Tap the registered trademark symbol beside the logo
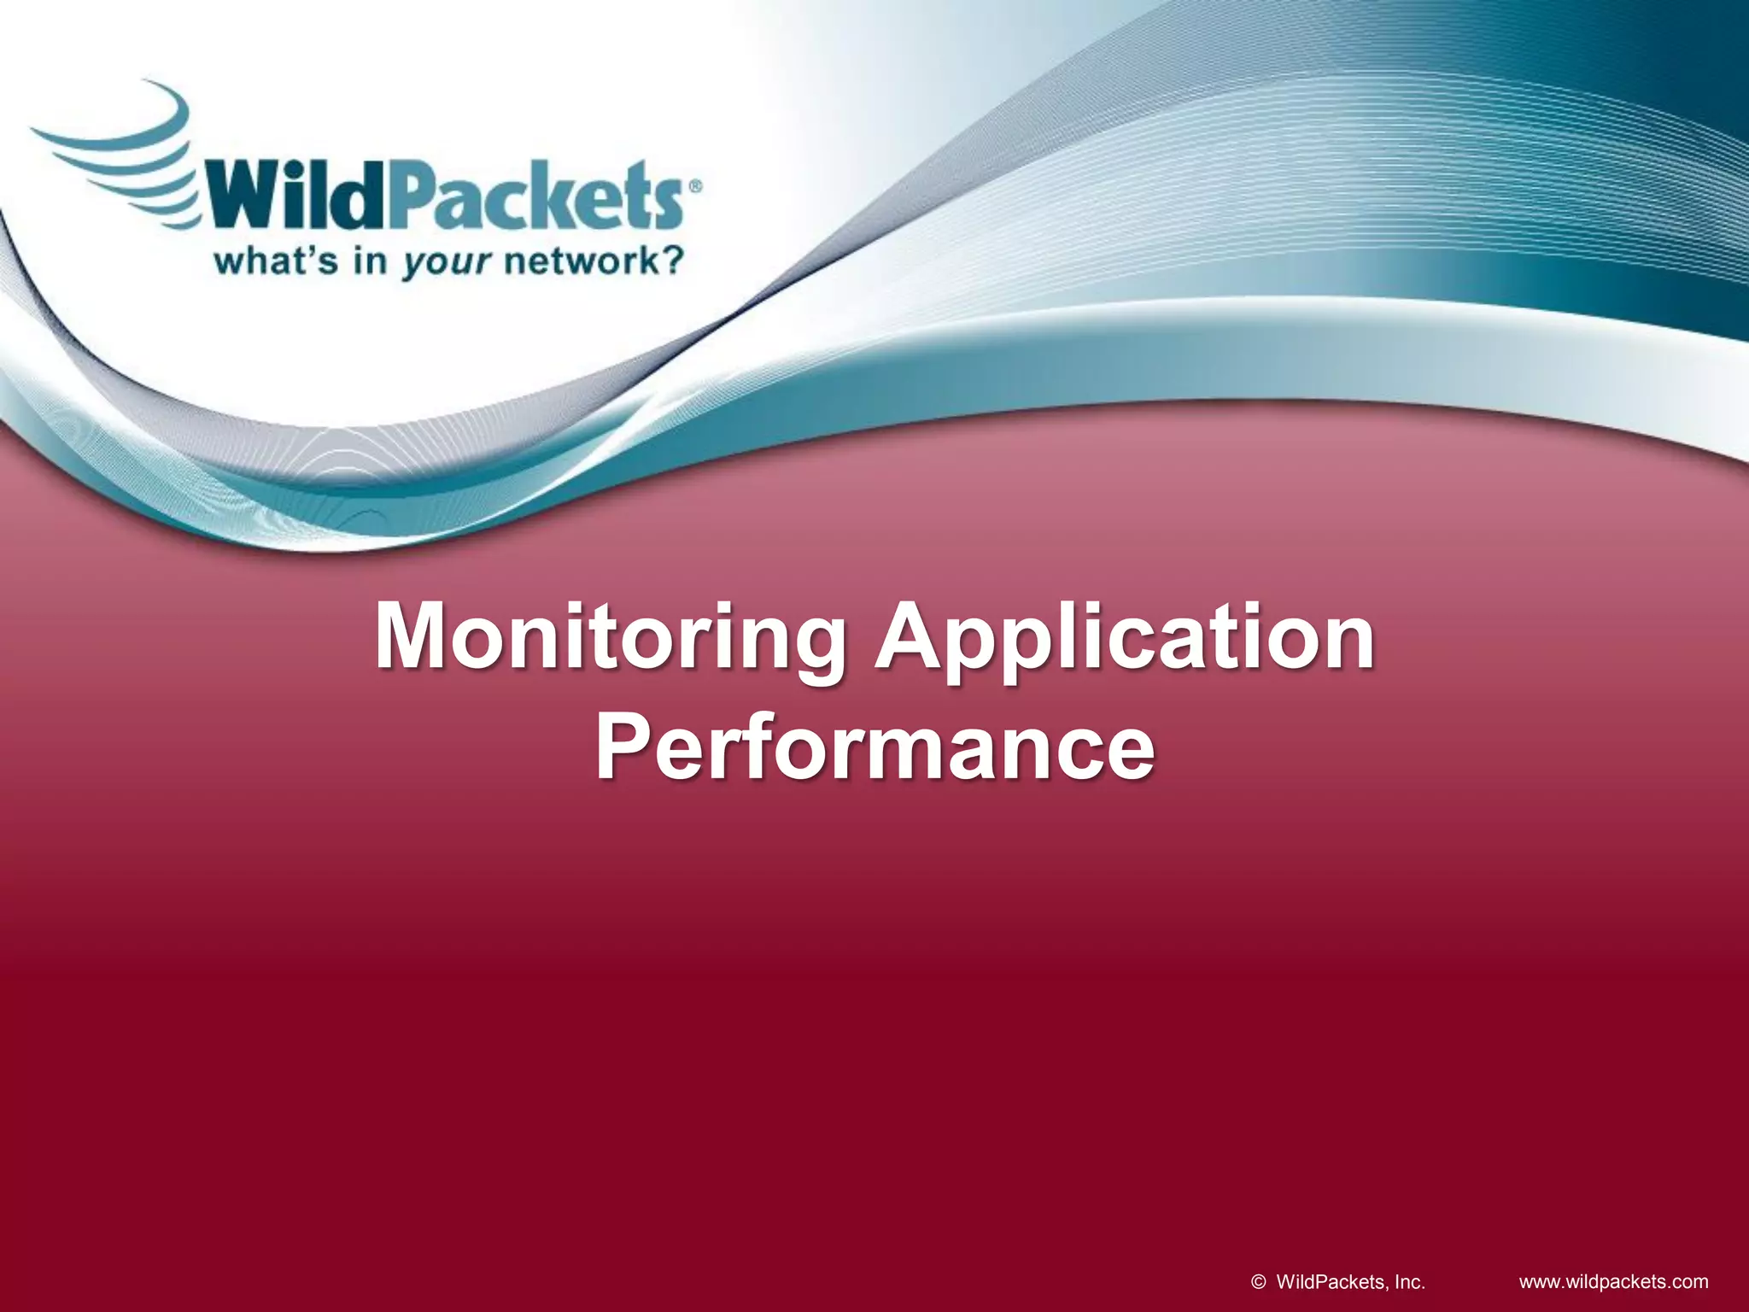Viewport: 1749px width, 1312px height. point(695,186)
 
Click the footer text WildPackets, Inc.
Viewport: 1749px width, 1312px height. point(1349,1282)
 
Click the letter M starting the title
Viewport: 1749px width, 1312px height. point(416,636)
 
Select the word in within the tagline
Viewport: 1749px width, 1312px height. point(370,260)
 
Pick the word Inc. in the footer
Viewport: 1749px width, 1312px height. point(1410,1282)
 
